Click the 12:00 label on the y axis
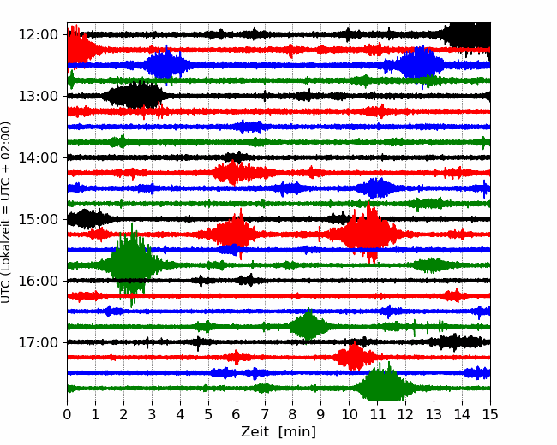(x=38, y=35)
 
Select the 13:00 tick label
(x=38, y=96)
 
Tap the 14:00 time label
(x=38, y=157)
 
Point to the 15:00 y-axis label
(x=38, y=219)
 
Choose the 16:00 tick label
(x=38, y=281)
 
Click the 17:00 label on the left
(x=38, y=342)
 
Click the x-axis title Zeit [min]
(x=278, y=432)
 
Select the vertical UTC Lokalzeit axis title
(x=6, y=212)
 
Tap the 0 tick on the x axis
(x=67, y=414)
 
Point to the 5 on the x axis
(x=208, y=414)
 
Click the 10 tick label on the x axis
(x=349, y=414)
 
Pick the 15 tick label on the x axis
(x=490, y=414)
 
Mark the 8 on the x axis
(x=293, y=414)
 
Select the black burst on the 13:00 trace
(x=135, y=95)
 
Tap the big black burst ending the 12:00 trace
(x=468, y=35)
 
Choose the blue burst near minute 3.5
(x=165, y=64)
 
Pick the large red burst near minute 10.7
(x=368, y=234)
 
